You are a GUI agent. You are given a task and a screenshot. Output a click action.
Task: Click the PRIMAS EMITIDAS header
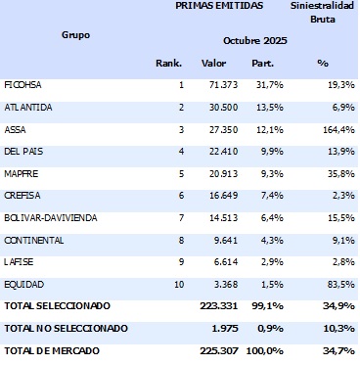pyautogui.click(x=219, y=6)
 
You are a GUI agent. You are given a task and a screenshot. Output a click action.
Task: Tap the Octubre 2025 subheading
pyautogui.click(x=255, y=40)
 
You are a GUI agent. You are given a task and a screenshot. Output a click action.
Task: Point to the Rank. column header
pyautogui.click(x=169, y=64)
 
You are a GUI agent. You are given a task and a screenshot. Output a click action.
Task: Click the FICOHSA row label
pyautogui.click(x=23, y=86)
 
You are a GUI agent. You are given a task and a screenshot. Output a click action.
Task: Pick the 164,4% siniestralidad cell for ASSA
pyautogui.click(x=336, y=128)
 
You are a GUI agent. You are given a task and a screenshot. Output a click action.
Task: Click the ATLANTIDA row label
pyautogui.click(x=28, y=108)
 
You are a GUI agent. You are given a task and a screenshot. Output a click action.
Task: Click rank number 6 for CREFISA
pyautogui.click(x=180, y=195)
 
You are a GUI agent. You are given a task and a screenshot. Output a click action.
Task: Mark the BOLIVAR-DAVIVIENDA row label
pyautogui.click(x=49, y=216)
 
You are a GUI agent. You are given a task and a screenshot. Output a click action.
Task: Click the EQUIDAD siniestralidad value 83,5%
pyautogui.click(x=337, y=284)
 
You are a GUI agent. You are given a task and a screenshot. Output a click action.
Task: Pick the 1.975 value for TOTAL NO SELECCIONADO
pyautogui.click(x=212, y=327)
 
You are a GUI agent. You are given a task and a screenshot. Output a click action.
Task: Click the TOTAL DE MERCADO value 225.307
pyautogui.click(x=207, y=349)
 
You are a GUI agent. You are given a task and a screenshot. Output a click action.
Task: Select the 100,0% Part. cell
pyautogui.click(x=259, y=349)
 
